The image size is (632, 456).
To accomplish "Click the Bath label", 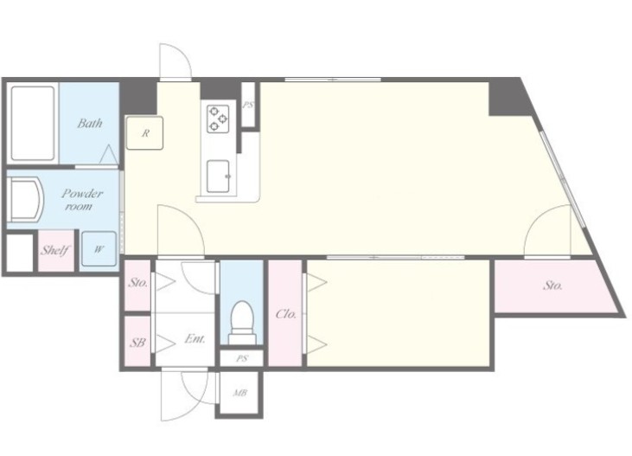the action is point(89,123).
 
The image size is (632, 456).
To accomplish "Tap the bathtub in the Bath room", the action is point(33,123).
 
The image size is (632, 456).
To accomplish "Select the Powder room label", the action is point(81,199).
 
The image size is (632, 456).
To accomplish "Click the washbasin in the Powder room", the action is point(25,199).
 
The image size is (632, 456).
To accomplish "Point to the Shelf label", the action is point(55,250).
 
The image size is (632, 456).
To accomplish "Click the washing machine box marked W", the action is point(99,249).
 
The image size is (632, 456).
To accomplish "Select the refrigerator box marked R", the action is point(144,133).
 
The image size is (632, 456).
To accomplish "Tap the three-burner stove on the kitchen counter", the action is point(218,119).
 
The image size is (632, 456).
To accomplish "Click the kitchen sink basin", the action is point(218,177).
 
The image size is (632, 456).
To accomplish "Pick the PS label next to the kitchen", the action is point(248,105).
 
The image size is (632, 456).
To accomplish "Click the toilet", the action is point(242,323).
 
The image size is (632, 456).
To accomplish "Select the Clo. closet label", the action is point(286,313).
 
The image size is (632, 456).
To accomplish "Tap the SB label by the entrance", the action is point(137,343).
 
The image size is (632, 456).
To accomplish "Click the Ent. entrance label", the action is point(195,338).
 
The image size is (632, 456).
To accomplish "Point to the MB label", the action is point(239,392).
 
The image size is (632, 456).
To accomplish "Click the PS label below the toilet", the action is point(242,358).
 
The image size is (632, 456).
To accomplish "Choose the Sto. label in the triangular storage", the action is point(552,286).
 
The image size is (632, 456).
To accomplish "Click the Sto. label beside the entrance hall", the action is point(137,282).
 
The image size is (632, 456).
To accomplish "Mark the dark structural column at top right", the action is point(508,98).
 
